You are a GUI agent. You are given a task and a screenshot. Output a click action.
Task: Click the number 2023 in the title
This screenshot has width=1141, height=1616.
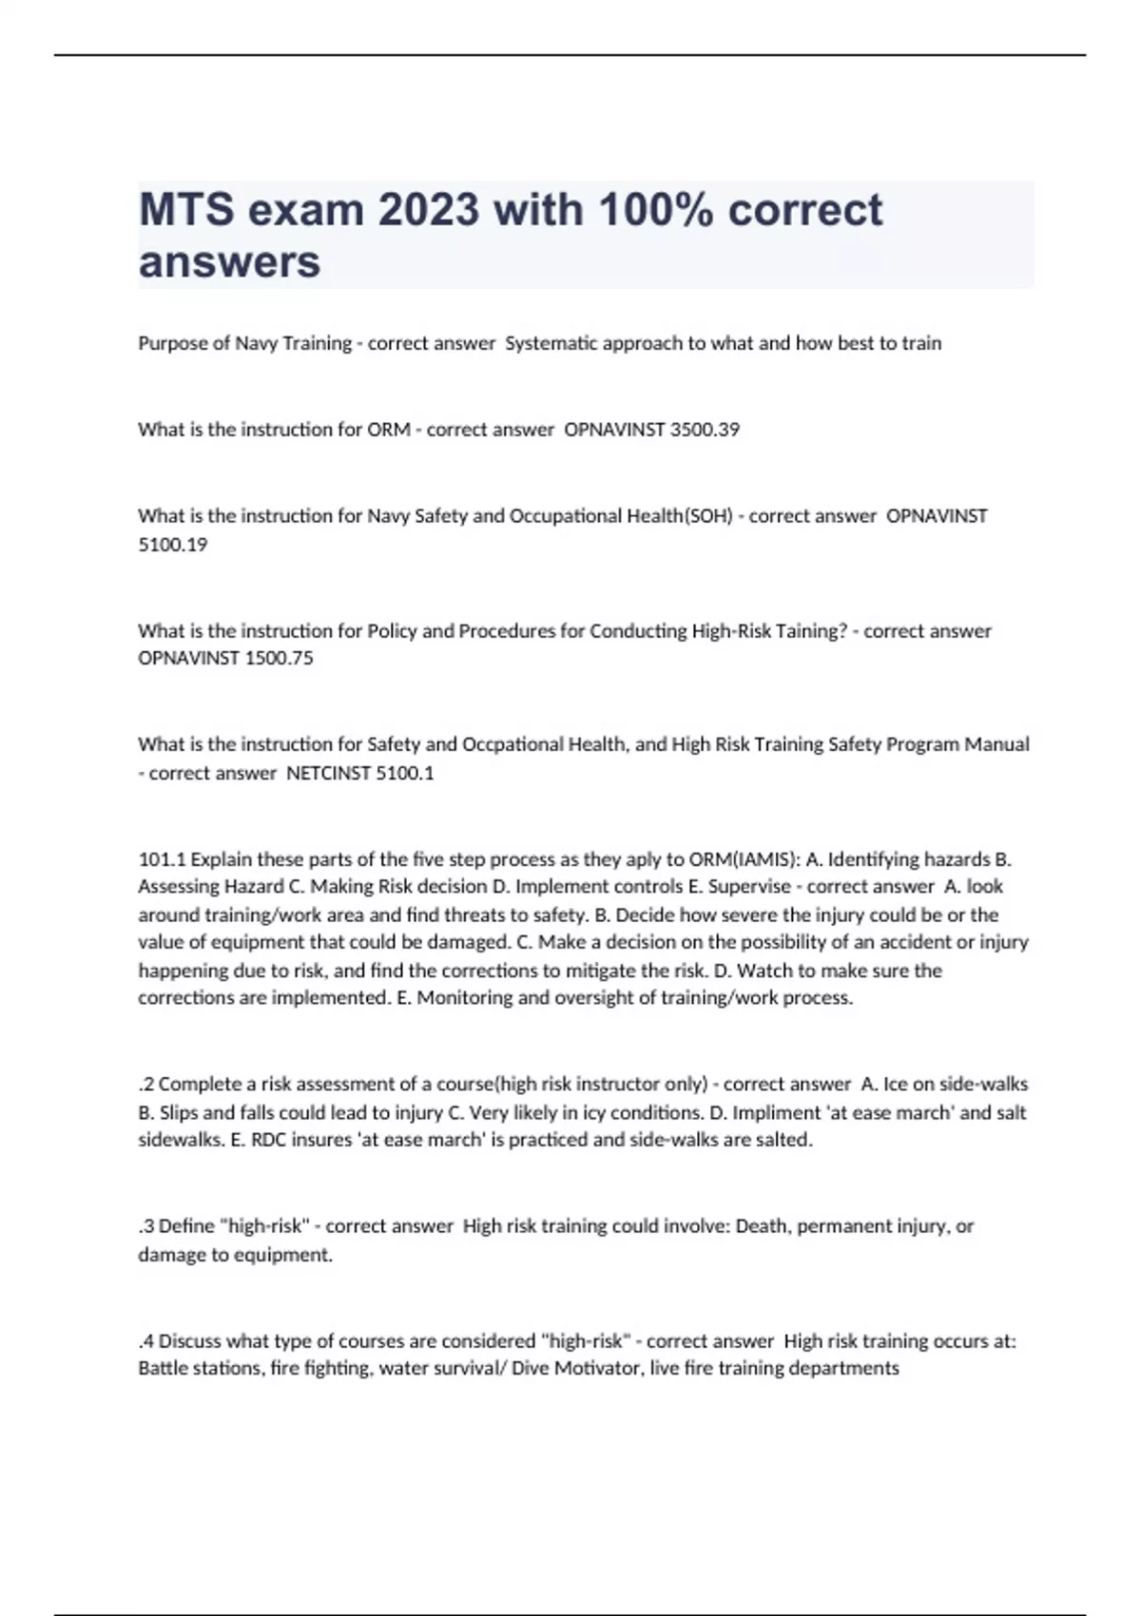coord(428,210)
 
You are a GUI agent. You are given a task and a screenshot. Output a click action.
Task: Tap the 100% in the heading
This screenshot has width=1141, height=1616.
coord(656,210)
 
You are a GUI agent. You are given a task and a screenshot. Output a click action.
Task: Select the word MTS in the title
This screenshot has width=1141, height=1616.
coord(186,210)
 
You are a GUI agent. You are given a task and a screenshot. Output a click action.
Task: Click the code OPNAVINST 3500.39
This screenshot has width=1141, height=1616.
coord(651,430)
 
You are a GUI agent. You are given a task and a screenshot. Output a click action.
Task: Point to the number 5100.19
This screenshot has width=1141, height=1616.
coord(173,545)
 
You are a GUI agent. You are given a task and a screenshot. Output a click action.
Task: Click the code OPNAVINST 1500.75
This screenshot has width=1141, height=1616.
coord(225,658)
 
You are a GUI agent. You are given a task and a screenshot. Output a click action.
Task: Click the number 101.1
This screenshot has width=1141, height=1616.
coord(162,859)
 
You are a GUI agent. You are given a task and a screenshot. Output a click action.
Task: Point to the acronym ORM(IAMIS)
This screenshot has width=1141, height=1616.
coord(743,859)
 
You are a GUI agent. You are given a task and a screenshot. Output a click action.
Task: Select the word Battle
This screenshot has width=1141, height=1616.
coord(164,1369)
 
